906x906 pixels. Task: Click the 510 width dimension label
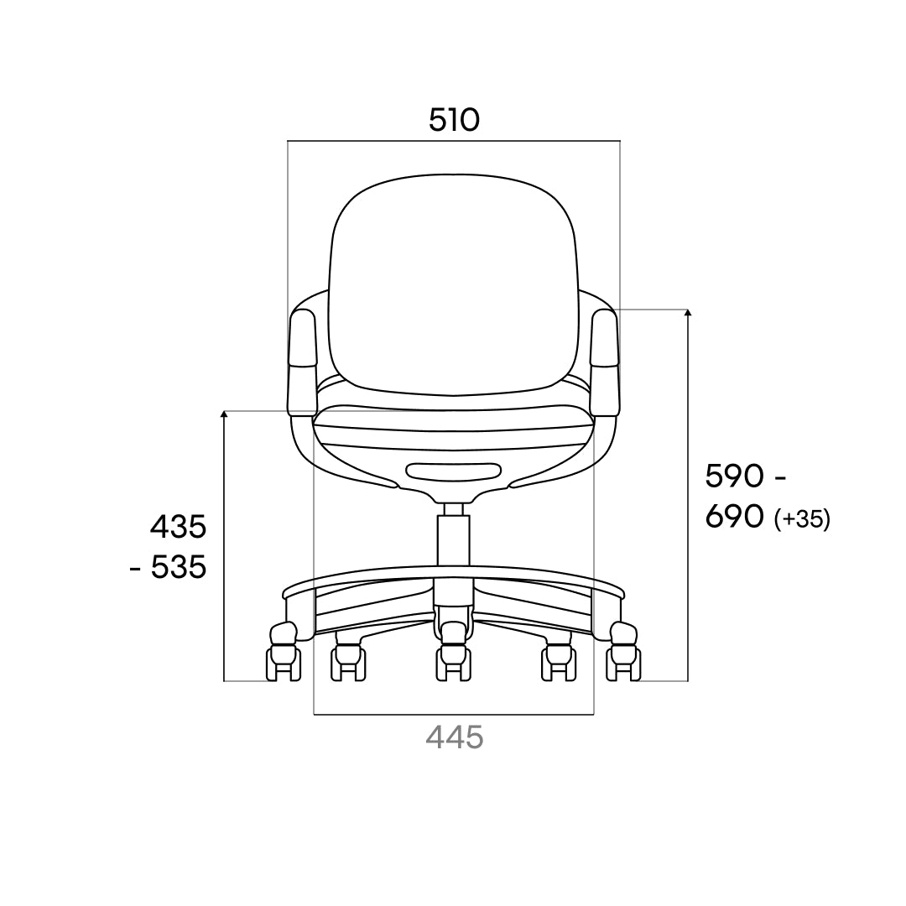coord(454,120)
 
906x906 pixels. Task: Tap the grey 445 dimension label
coord(454,737)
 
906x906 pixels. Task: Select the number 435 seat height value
coord(178,527)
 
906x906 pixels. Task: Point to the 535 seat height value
coord(179,567)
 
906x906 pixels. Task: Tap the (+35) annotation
coord(802,519)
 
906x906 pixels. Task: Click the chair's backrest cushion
coord(454,284)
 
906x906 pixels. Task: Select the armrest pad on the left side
coord(304,338)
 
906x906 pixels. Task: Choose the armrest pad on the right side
coord(605,338)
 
